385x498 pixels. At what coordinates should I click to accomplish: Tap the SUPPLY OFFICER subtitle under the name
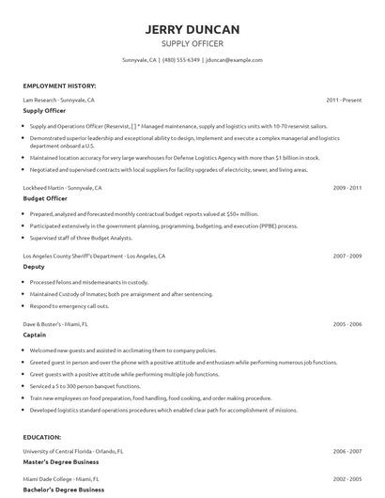click(192, 44)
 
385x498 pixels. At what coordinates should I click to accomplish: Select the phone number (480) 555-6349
click(180, 60)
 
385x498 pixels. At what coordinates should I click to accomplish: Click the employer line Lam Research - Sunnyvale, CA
click(59, 99)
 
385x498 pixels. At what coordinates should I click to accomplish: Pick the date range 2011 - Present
click(344, 99)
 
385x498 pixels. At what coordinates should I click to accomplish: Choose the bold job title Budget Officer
click(44, 199)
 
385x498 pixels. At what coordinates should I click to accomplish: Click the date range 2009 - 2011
click(346, 188)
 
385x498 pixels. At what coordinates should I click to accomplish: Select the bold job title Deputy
click(34, 267)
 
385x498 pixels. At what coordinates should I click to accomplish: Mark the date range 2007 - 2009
click(346, 256)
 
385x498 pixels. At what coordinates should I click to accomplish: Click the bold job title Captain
click(35, 335)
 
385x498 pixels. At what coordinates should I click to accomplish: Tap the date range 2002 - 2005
click(346, 478)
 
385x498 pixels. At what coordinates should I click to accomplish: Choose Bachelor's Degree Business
click(64, 490)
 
